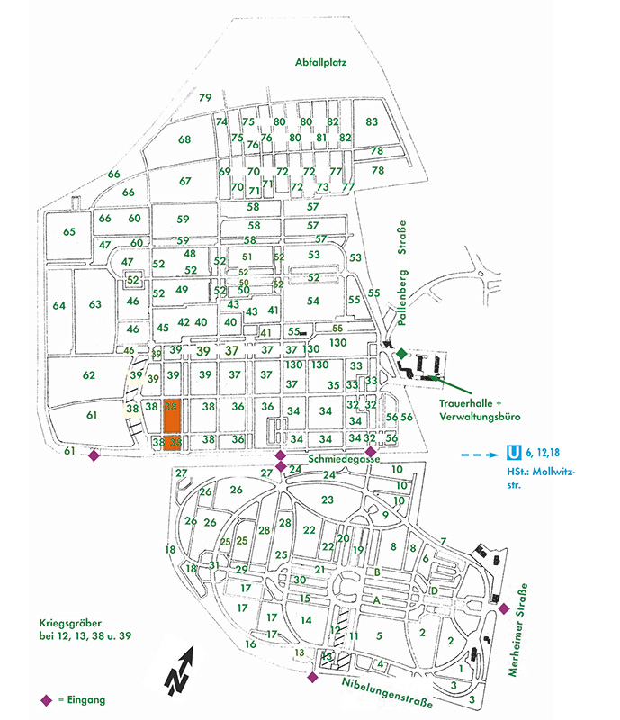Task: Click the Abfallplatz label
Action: [320, 63]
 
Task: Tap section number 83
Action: [372, 121]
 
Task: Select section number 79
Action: [205, 97]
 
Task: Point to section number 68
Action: [184, 139]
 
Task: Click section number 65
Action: [69, 232]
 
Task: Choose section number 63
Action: [95, 304]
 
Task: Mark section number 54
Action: [313, 301]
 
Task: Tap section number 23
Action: [328, 499]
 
